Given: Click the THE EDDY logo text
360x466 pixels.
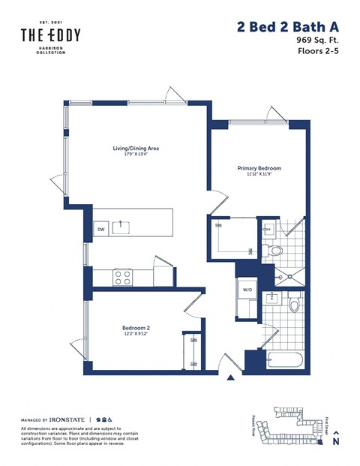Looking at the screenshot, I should pyautogui.click(x=50, y=35).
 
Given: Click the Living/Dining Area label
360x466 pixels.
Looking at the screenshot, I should pyautogui.click(x=131, y=148).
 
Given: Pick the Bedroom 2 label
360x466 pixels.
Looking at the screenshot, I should pyautogui.click(x=136, y=328).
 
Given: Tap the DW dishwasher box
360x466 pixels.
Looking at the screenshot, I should pyautogui.click(x=100, y=229).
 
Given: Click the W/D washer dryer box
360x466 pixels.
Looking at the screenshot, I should pyautogui.click(x=247, y=290).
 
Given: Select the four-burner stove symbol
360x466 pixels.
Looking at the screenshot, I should pyautogui.click(x=122, y=278).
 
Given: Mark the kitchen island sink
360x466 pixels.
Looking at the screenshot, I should pyautogui.click(x=121, y=226).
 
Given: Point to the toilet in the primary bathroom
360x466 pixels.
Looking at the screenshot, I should pyautogui.click(x=275, y=251).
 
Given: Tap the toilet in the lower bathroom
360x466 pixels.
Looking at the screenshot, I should pyautogui.click(x=295, y=305).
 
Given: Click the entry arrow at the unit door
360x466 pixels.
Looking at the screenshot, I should pyautogui.click(x=229, y=381).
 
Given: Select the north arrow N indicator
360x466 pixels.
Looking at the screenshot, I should pyautogui.click(x=335, y=438).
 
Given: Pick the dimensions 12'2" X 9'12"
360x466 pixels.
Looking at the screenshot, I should pyautogui.click(x=136, y=335).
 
